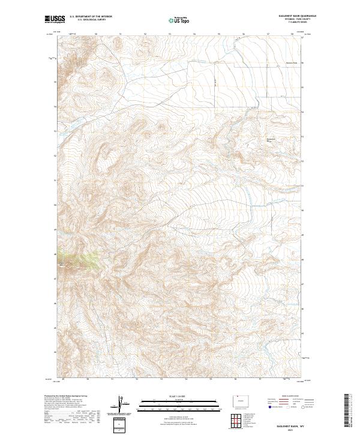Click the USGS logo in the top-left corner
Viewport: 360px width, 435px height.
[x=55, y=19]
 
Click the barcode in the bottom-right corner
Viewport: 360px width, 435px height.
[x=347, y=411]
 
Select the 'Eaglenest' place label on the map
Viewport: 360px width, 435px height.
[x=270, y=140]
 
